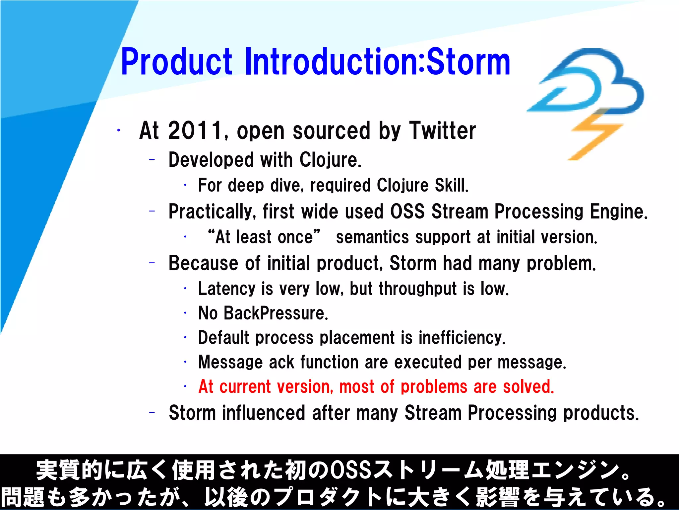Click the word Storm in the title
[x=468, y=62]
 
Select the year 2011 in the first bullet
[x=195, y=130]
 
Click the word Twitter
[x=442, y=130]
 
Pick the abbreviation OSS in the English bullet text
[x=407, y=212]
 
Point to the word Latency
[x=226, y=289]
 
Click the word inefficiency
[x=462, y=338]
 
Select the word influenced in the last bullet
[x=264, y=413]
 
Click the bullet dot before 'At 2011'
[x=118, y=130]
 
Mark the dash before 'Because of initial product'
[x=152, y=263]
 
